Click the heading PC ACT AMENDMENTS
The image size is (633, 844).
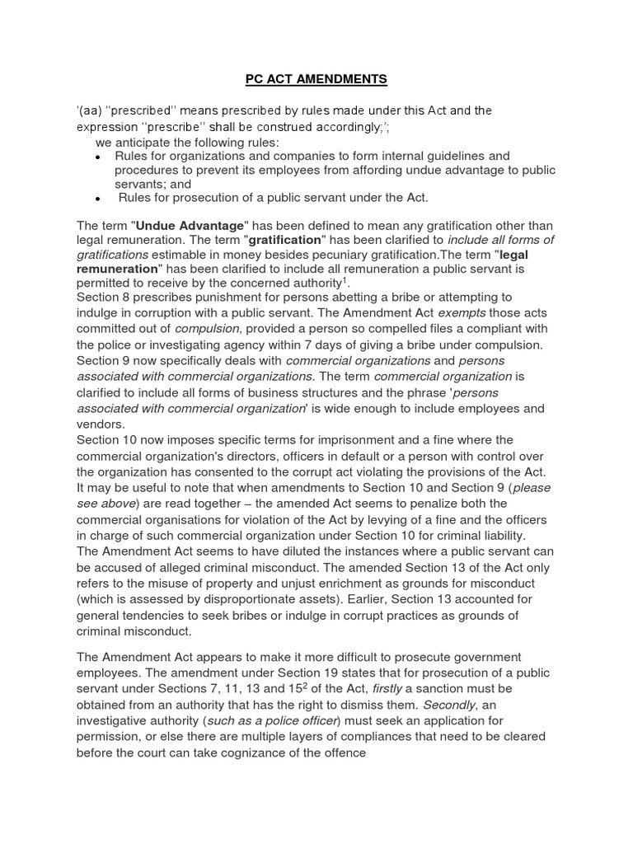tap(316, 80)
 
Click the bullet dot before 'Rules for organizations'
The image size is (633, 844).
tap(98, 156)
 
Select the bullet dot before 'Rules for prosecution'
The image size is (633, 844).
tap(98, 198)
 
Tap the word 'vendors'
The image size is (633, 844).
tap(101, 424)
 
